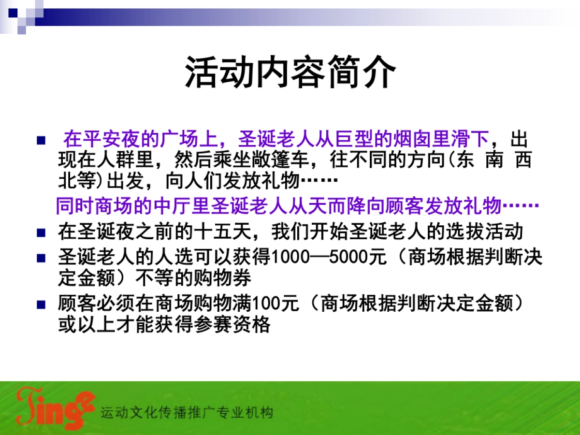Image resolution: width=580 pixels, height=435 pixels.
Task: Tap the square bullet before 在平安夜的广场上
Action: (41, 141)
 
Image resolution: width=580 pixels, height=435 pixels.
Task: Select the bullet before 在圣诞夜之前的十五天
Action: (41, 232)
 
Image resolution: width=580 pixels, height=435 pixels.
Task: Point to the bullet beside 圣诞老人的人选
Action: (41, 258)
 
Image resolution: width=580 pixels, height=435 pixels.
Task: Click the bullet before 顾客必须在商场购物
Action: (41, 305)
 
